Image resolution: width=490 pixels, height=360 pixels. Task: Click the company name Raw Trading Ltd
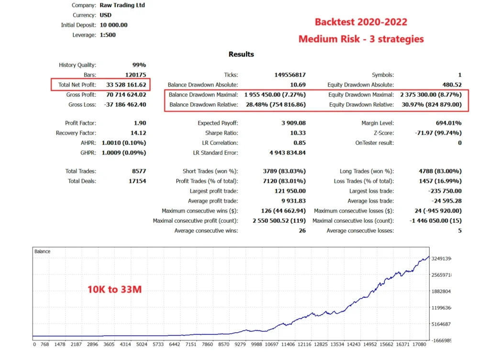coord(122,5)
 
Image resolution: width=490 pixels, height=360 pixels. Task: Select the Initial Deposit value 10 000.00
coord(113,25)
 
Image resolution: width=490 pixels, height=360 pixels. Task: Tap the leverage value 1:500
coord(108,35)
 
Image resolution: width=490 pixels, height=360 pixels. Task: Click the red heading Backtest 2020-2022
coord(360,22)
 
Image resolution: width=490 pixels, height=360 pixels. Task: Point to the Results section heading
coord(241,54)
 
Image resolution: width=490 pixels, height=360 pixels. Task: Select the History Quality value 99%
coord(139,65)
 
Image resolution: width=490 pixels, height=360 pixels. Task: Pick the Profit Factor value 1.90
coord(140,123)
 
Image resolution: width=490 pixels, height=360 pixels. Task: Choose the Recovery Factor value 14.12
coord(138,133)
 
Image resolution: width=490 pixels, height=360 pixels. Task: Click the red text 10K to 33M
coord(114,289)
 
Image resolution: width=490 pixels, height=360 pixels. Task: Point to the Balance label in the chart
coord(42,251)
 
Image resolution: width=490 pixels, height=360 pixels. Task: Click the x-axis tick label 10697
coord(272,344)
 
